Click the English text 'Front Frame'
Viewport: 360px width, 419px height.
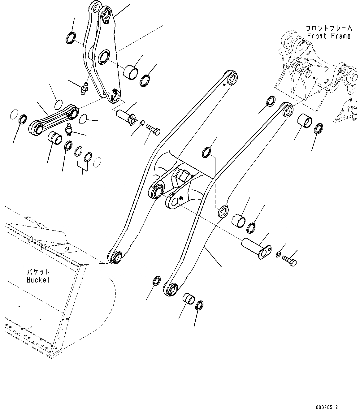click(329, 36)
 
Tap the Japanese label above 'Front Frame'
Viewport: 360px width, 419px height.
click(329, 28)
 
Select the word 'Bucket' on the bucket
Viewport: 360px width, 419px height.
click(38, 280)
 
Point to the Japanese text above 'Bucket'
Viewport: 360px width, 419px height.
click(38, 272)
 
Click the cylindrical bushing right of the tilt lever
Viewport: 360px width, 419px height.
click(130, 72)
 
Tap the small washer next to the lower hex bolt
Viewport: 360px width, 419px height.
click(278, 254)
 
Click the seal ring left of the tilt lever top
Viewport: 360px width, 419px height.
click(71, 38)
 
